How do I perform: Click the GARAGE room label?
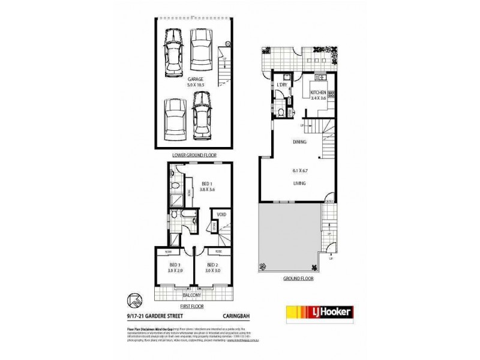[193, 78]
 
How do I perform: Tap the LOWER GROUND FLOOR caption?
[193, 155]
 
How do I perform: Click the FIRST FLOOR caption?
[193, 306]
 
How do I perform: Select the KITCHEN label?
[318, 91]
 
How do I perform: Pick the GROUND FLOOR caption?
[299, 279]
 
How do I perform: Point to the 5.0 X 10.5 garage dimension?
[193, 85]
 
